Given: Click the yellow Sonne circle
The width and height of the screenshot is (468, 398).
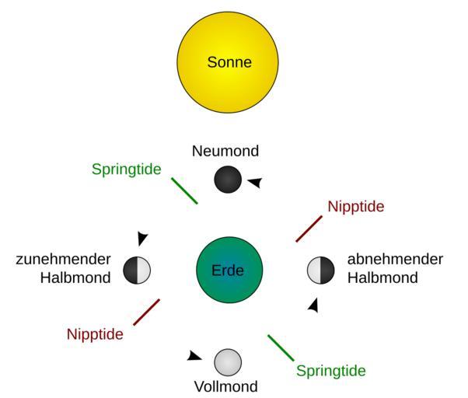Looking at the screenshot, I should (229, 62).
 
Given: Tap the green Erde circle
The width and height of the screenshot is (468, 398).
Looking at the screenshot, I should (229, 271).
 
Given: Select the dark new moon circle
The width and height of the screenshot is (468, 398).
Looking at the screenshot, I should (229, 180).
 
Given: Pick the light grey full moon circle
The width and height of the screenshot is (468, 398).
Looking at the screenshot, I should (228, 361).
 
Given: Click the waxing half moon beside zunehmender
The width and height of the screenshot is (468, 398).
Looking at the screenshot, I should (137, 271).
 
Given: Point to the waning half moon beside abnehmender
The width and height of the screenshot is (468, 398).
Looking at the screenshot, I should (320, 271).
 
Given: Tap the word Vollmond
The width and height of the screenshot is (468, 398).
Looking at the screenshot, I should (227, 386).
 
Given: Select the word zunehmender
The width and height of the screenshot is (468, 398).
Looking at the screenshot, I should (64, 260).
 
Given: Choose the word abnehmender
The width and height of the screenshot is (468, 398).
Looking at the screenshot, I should (395, 260).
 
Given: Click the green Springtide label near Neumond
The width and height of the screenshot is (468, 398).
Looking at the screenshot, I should (126, 169).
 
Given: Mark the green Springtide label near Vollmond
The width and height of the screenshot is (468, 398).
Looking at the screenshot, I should (330, 371).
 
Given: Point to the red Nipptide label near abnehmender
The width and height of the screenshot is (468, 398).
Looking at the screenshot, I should (355, 207).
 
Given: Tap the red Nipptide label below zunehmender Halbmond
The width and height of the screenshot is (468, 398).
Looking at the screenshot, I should (95, 334).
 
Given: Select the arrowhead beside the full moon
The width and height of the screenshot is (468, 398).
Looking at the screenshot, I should (194, 356).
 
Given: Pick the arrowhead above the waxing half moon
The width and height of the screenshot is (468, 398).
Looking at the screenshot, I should (142, 239).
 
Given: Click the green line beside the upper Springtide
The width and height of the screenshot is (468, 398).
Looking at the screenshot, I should (184, 191).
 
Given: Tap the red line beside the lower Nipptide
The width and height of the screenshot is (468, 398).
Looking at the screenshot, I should (146, 312).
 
